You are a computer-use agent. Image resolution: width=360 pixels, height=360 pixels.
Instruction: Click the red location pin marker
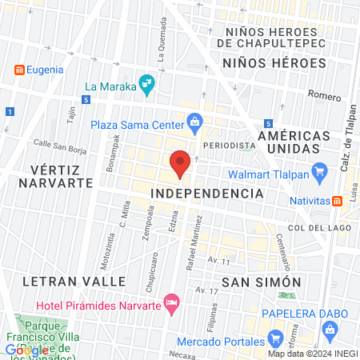tap(180, 164)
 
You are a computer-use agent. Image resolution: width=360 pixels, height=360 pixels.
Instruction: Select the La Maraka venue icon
tap(146, 82)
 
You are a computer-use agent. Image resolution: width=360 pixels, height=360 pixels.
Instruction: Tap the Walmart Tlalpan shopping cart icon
tap(319, 170)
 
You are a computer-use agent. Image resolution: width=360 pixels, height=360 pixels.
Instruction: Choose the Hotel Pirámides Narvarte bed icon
tap(170, 302)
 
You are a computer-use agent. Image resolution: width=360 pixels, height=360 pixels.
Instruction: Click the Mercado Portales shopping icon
tap(275, 337)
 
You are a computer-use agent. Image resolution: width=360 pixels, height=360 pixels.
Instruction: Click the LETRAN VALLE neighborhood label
tap(74, 282)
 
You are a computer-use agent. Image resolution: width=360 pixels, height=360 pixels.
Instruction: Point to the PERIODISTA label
tap(230, 146)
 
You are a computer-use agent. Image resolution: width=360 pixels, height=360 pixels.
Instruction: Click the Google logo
tap(26, 350)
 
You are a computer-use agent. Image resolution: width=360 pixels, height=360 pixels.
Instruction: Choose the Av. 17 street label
tap(208, 290)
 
